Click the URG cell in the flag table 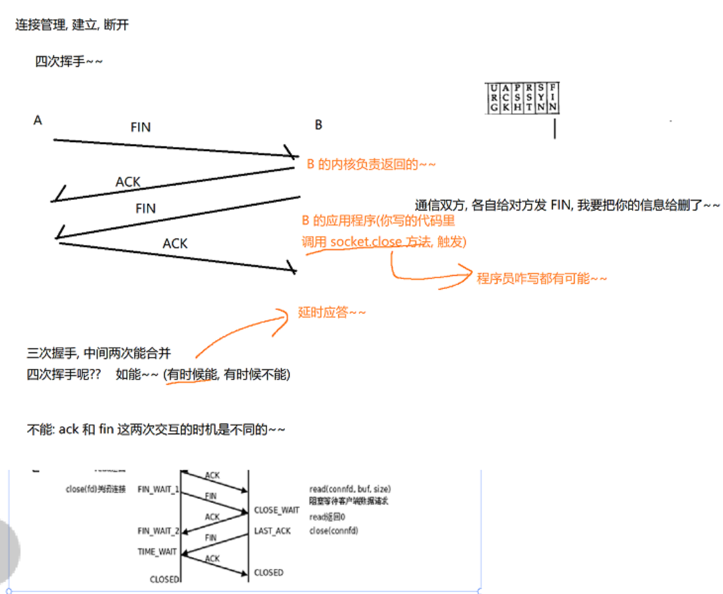click(493, 98)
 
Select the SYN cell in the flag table click(541, 98)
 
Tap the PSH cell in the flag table click(517, 98)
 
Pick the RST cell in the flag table click(529, 98)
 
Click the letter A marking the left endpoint click(38, 120)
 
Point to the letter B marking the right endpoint click(319, 125)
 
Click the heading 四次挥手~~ click(69, 62)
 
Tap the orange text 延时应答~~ click(332, 312)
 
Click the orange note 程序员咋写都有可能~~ click(542, 279)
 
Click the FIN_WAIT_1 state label click(158, 489)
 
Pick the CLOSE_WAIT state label click(276, 510)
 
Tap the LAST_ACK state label click(272, 531)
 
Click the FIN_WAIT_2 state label click(158, 531)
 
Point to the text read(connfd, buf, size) click(350, 489)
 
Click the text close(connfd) click(333, 531)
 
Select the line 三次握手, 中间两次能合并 click(99, 354)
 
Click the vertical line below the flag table click(555, 127)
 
